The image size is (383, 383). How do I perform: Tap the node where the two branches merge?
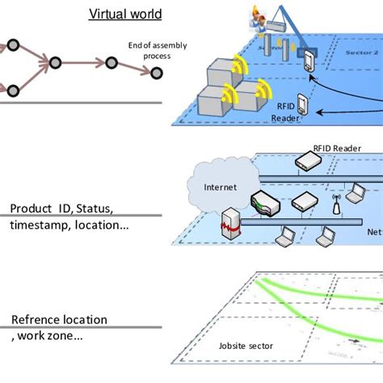tap(56, 62)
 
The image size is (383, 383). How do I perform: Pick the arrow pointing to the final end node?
tap(130, 67)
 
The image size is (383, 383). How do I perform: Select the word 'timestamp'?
tap(35, 225)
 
